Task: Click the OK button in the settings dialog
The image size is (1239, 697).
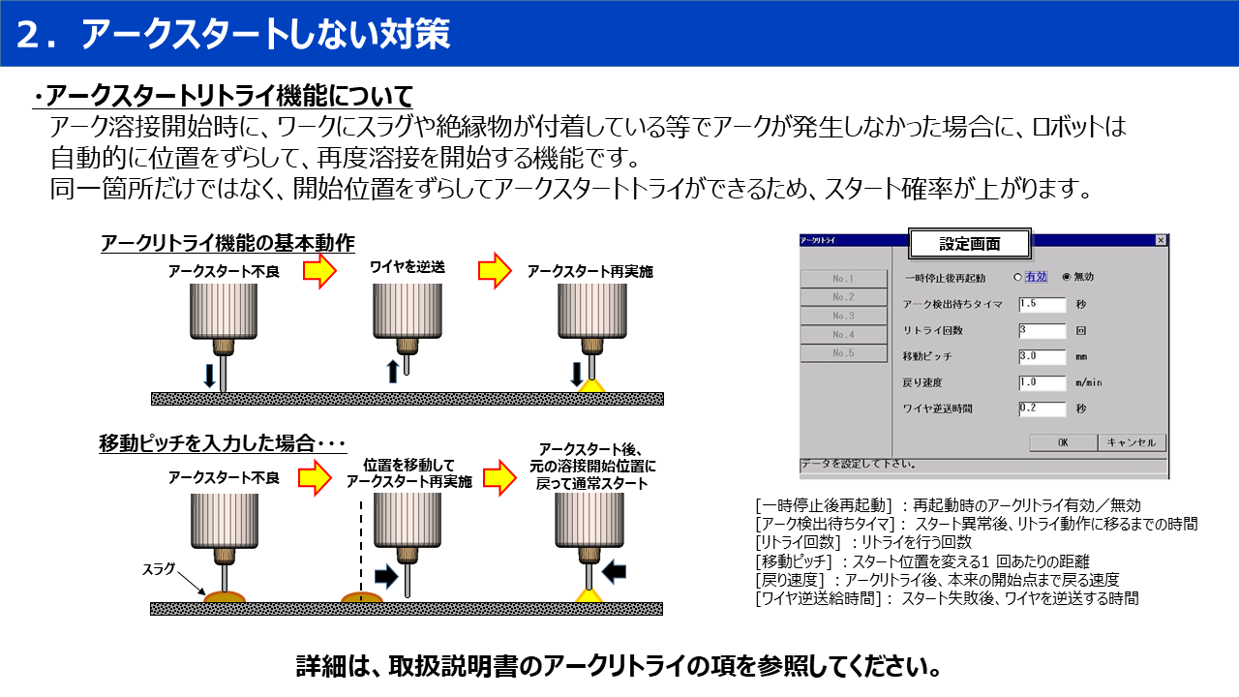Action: pyautogui.click(x=1062, y=442)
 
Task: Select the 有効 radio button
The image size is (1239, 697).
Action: pyautogui.click(x=1017, y=277)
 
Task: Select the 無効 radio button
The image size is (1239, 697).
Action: pyautogui.click(x=1067, y=277)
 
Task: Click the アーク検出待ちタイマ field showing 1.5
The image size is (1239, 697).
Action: pyautogui.click(x=1042, y=304)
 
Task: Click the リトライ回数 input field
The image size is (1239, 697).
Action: pyautogui.click(x=1042, y=330)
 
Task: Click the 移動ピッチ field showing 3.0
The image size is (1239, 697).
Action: pyautogui.click(x=1042, y=356)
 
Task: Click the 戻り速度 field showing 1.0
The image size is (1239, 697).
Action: pyautogui.click(x=1042, y=382)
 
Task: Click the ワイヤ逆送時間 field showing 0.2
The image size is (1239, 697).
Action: pyautogui.click(x=1042, y=409)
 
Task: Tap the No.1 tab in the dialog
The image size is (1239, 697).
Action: pyautogui.click(x=843, y=279)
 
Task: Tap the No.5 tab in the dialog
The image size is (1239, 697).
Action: pyautogui.click(x=843, y=353)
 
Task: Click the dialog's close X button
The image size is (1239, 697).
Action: pyautogui.click(x=1161, y=240)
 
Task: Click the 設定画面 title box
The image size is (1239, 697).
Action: pyautogui.click(x=970, y=244)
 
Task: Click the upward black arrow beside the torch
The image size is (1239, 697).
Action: pyautogui.click(x=392, y=371)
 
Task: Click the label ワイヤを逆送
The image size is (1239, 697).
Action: pyautogui.click(x=407, y=266)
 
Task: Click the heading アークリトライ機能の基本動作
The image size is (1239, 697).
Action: pyautogui.click(x=227, y=243)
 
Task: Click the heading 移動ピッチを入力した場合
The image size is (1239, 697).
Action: pyautogui.click(x=223, y=443)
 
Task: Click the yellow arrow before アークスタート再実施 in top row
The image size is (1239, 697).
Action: pyautogui.click(x=495, y=271)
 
